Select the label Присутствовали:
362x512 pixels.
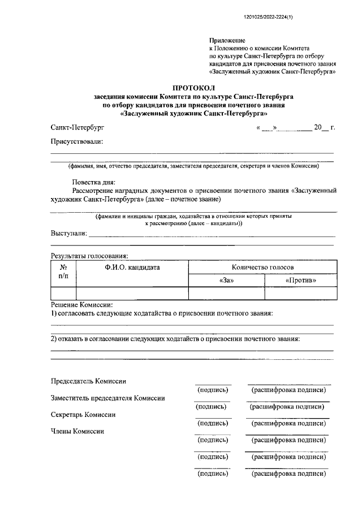tap(77, 143)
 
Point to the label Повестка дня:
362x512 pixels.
tap(93, 182)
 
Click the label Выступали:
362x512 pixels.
tap(69, 234)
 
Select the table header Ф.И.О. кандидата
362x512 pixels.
tap(132, 267)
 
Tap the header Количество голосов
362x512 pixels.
tap(262, 267)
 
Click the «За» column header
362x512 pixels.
tap(226, 280)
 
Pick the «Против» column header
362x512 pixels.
tap(301, 280)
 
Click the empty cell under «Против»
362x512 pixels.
tap(301, 293)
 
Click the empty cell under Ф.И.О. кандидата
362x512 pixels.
tap(132, 293)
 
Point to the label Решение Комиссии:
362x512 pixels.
tap(82, 304)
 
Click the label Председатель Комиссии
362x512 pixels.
tap(88, 382)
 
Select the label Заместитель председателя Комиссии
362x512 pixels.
tap(108, 398)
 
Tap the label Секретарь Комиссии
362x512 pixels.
tap(83, 415)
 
